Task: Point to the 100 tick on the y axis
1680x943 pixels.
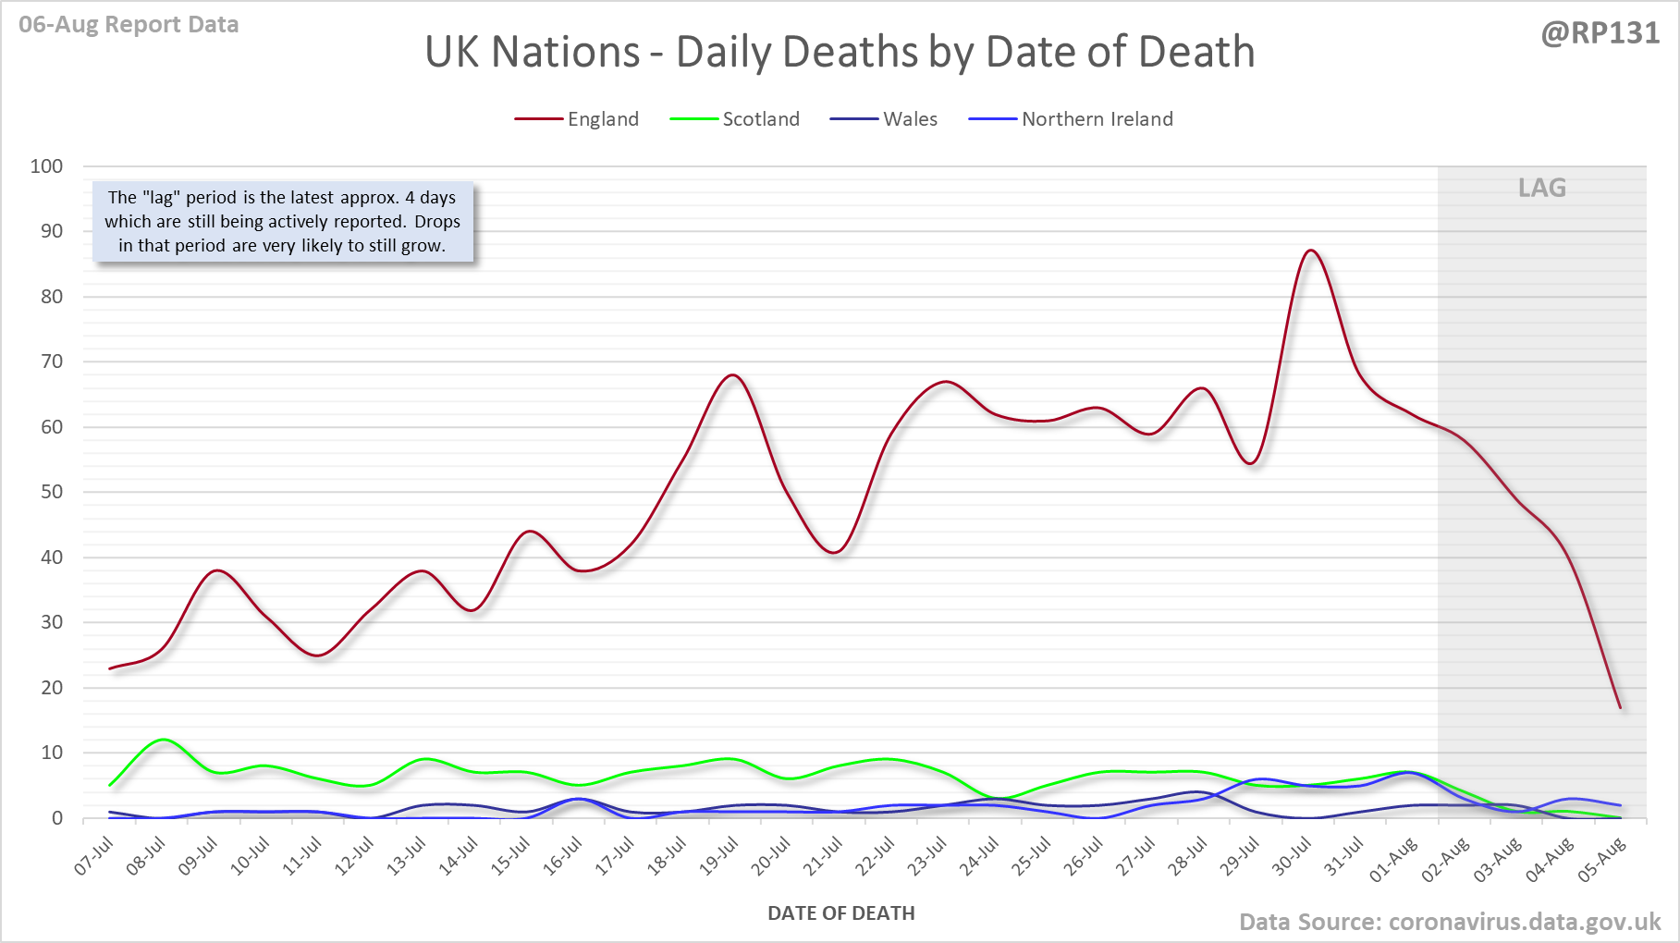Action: click(x=47, y=166)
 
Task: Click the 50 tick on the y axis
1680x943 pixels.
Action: click(x=52, y=492)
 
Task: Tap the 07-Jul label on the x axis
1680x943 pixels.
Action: click(x=94, y=857)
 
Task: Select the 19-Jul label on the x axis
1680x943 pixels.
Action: click(x=718, y=857)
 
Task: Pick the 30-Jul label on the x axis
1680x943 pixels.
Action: click(x=1292, y=857)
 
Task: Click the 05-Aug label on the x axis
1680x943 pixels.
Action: click(x=1603, y=859)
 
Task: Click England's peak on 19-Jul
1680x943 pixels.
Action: click(x=732, y=374)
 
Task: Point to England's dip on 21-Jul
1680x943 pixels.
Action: click(x=835, y=553)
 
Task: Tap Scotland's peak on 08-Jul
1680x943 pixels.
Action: click(x=163, y=740)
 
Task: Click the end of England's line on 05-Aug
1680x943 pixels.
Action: click(x=1620, y=708)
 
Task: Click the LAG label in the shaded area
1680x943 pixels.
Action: click(x=1541, y=188)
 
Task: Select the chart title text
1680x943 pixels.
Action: click(x=840, y=52)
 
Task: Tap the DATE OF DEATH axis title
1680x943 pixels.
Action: click(x=840, y=913)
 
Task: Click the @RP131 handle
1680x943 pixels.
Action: click(x=1600, y=33)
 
